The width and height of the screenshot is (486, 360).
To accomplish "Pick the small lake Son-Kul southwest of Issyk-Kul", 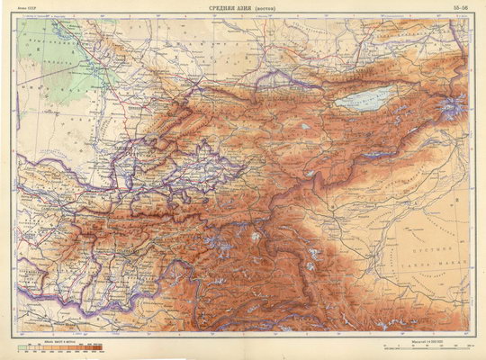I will click(x=306, y=126).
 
